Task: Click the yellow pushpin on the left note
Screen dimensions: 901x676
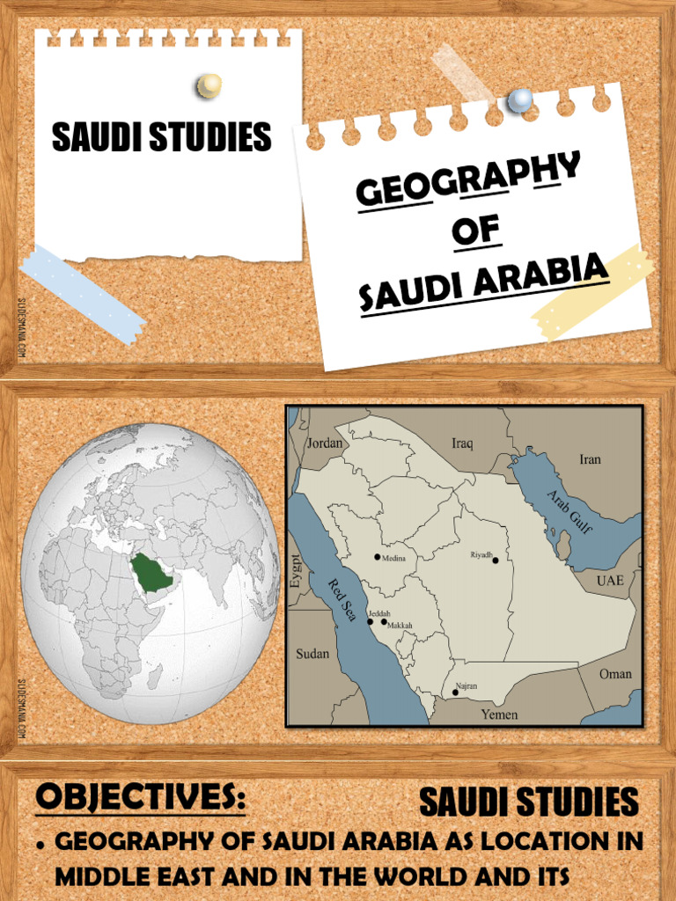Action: click(x=209, y=85)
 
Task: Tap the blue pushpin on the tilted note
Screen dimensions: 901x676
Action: click(x=520, y=100)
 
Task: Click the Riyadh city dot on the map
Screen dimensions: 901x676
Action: click(x=496, y=560)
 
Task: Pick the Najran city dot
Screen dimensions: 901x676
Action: click(x=455, y=692)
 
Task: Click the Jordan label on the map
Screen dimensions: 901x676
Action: click(x=325, y=443)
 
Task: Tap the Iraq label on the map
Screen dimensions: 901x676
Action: click(x=462, y=443)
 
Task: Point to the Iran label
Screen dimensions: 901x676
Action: click(x=590, y=459)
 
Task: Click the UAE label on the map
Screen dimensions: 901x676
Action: click(x=610, y=581)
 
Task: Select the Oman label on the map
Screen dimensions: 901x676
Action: click(x=615, y=674)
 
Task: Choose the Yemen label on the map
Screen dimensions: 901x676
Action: click(x=499, y=714)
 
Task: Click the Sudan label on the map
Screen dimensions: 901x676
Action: click(x=312, y=654)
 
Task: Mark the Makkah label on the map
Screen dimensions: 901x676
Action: click(x=400, y=626)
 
